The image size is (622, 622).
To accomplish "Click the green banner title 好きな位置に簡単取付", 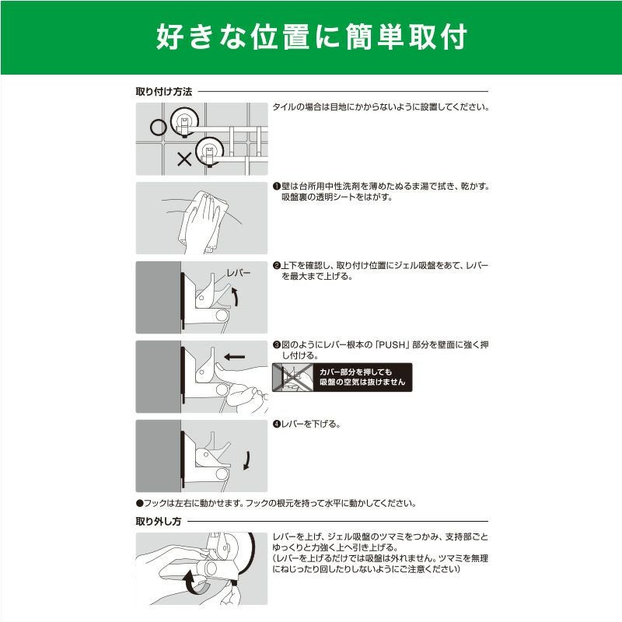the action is click(312, 37).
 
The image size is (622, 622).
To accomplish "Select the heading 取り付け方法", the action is click(164, 92).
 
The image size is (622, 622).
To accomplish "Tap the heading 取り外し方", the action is click(159, 521).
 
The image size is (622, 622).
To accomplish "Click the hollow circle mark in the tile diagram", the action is click(159, 128).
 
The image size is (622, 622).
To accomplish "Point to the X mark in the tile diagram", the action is click(184, 159).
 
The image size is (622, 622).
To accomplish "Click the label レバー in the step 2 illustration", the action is click(239, 273).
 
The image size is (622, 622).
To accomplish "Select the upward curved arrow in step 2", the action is click(236, 297).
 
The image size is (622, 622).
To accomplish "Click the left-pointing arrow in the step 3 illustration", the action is click(235, 357).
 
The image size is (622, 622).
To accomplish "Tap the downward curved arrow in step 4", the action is click(246, 460).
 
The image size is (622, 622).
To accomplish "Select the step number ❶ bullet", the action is click(277, 187).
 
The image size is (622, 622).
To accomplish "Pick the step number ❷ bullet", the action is click(277, 266).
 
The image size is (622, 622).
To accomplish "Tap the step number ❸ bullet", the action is click(277, 345).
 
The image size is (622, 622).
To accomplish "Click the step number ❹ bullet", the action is click(277, 425).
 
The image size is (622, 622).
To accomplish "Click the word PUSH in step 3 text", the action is click(392, 344).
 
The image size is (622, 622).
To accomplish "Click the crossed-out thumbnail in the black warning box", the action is click(293, 377).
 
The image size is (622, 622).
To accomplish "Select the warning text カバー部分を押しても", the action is click(355, 372).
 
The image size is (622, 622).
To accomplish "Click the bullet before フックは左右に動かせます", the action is click(139, 503).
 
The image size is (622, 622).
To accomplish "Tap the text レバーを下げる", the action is click(311, 424).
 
